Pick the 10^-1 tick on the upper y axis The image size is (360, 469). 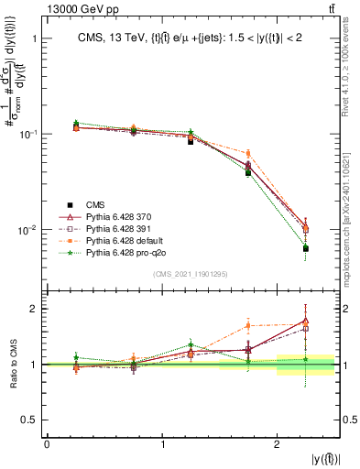(x=28, y=134)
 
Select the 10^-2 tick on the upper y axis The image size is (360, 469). (x=28, y=229)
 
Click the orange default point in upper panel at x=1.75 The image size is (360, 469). (x=248, y=153)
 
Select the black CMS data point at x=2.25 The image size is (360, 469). (x=306, y=248)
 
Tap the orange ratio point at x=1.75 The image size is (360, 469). (x=248, y=325)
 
